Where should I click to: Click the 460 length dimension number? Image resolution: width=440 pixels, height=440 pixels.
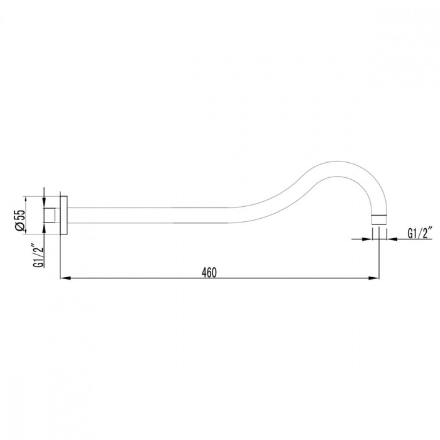click(x=209, y=272)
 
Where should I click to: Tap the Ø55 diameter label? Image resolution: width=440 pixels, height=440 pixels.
click(x=21, y=220)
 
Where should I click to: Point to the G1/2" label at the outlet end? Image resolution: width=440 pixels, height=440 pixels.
click(x=419, y=233)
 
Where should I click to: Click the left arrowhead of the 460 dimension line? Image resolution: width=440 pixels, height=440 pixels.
click(x=65, y=278)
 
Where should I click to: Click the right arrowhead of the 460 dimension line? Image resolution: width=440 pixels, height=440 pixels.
click(x=374, y=278)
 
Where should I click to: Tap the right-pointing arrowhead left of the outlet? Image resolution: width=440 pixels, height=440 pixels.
click(x=366, y=239)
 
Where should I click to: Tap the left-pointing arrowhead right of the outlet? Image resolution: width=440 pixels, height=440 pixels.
click(x=392, y=239)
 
